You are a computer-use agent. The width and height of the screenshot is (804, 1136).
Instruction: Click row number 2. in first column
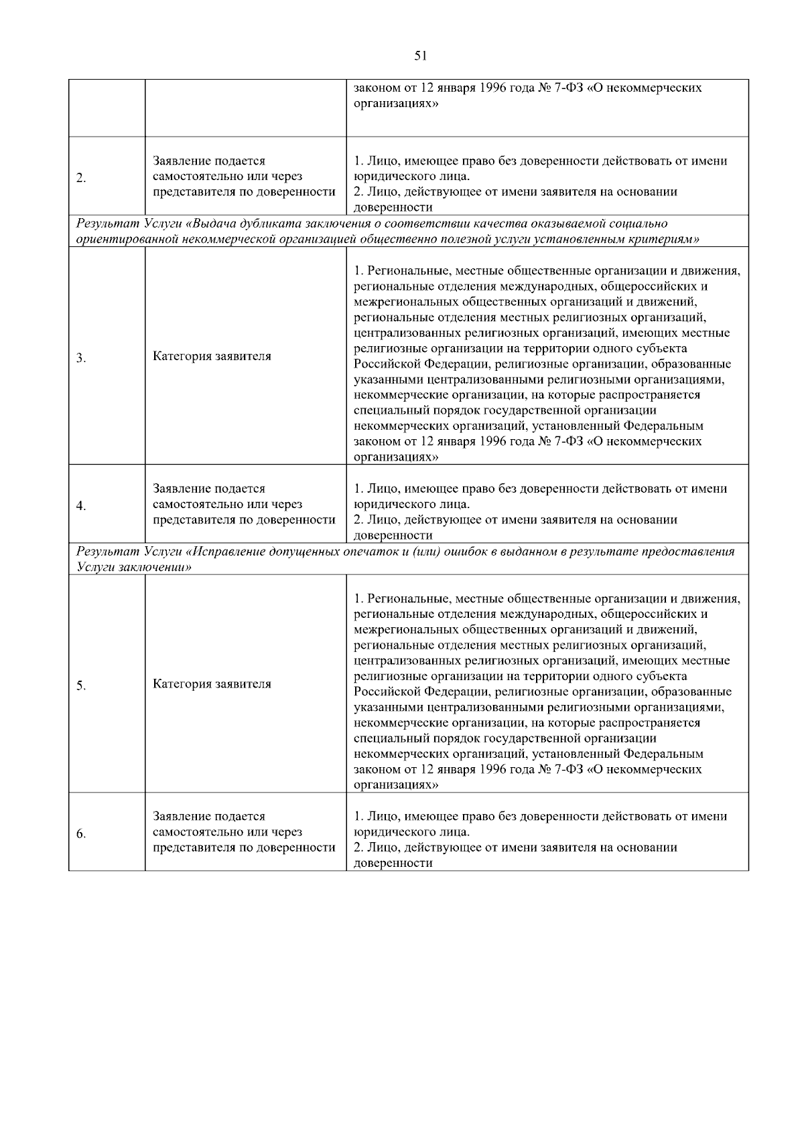pyautogui.click(x=81, y=178)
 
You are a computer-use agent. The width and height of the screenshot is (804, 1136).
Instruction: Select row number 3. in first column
pyautogui.click(x=81, y=358)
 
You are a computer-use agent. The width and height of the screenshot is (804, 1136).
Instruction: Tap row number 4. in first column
pyautogui.click(x=81, y=506)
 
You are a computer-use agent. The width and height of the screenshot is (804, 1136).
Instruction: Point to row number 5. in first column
pyautogui.click(x=81, y=686)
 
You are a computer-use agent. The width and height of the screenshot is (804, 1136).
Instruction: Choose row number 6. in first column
pyautogui.click(x=81, y=834)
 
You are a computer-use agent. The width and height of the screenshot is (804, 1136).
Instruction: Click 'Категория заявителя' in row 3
pyautogui.click(x=212, y=356)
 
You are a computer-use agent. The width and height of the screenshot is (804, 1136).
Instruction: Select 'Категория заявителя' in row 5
pyautogui.click(x=212, y=684)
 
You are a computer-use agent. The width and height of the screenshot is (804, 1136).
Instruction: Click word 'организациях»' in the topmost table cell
pyautogui.click(x=396, y=104)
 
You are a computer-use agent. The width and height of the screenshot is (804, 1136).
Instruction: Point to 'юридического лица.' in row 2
pyautogui.click(x=411, y=177)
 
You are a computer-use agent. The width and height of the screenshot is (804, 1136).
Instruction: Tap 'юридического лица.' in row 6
pyautogui.click(x=411, y=832)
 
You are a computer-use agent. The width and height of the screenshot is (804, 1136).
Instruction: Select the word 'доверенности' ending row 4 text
pyautogui.click(x=393, y=536)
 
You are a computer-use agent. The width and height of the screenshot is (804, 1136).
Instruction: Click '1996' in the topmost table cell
pyautogui.click(x=494, y=88)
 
